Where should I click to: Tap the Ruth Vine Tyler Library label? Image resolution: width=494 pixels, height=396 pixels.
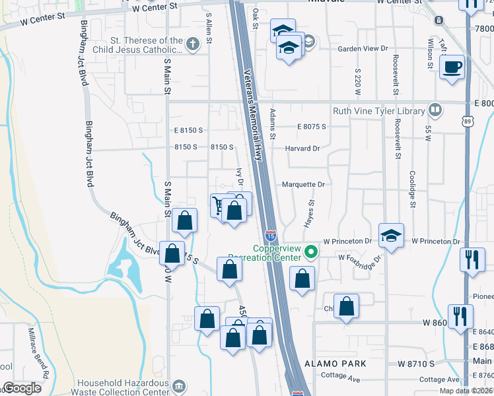point(378,111)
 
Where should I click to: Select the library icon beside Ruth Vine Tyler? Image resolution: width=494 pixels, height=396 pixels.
point(435,110)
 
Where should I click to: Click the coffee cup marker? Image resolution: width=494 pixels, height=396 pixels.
point(452,67)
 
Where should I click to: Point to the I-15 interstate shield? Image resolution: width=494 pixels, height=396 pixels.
point(271,236)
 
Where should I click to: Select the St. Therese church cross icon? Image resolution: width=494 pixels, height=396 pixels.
point(193,45)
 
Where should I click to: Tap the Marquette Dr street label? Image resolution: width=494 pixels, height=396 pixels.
point(304,185)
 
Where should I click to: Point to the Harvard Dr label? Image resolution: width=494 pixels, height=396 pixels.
point(302,148)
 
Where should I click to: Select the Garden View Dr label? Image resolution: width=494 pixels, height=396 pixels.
point(361,49)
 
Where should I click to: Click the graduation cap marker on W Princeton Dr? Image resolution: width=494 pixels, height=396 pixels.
point(391,236)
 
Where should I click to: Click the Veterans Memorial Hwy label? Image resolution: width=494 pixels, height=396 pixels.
point(254,115)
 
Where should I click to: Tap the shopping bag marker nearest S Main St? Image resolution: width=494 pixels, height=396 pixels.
point(185,221)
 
